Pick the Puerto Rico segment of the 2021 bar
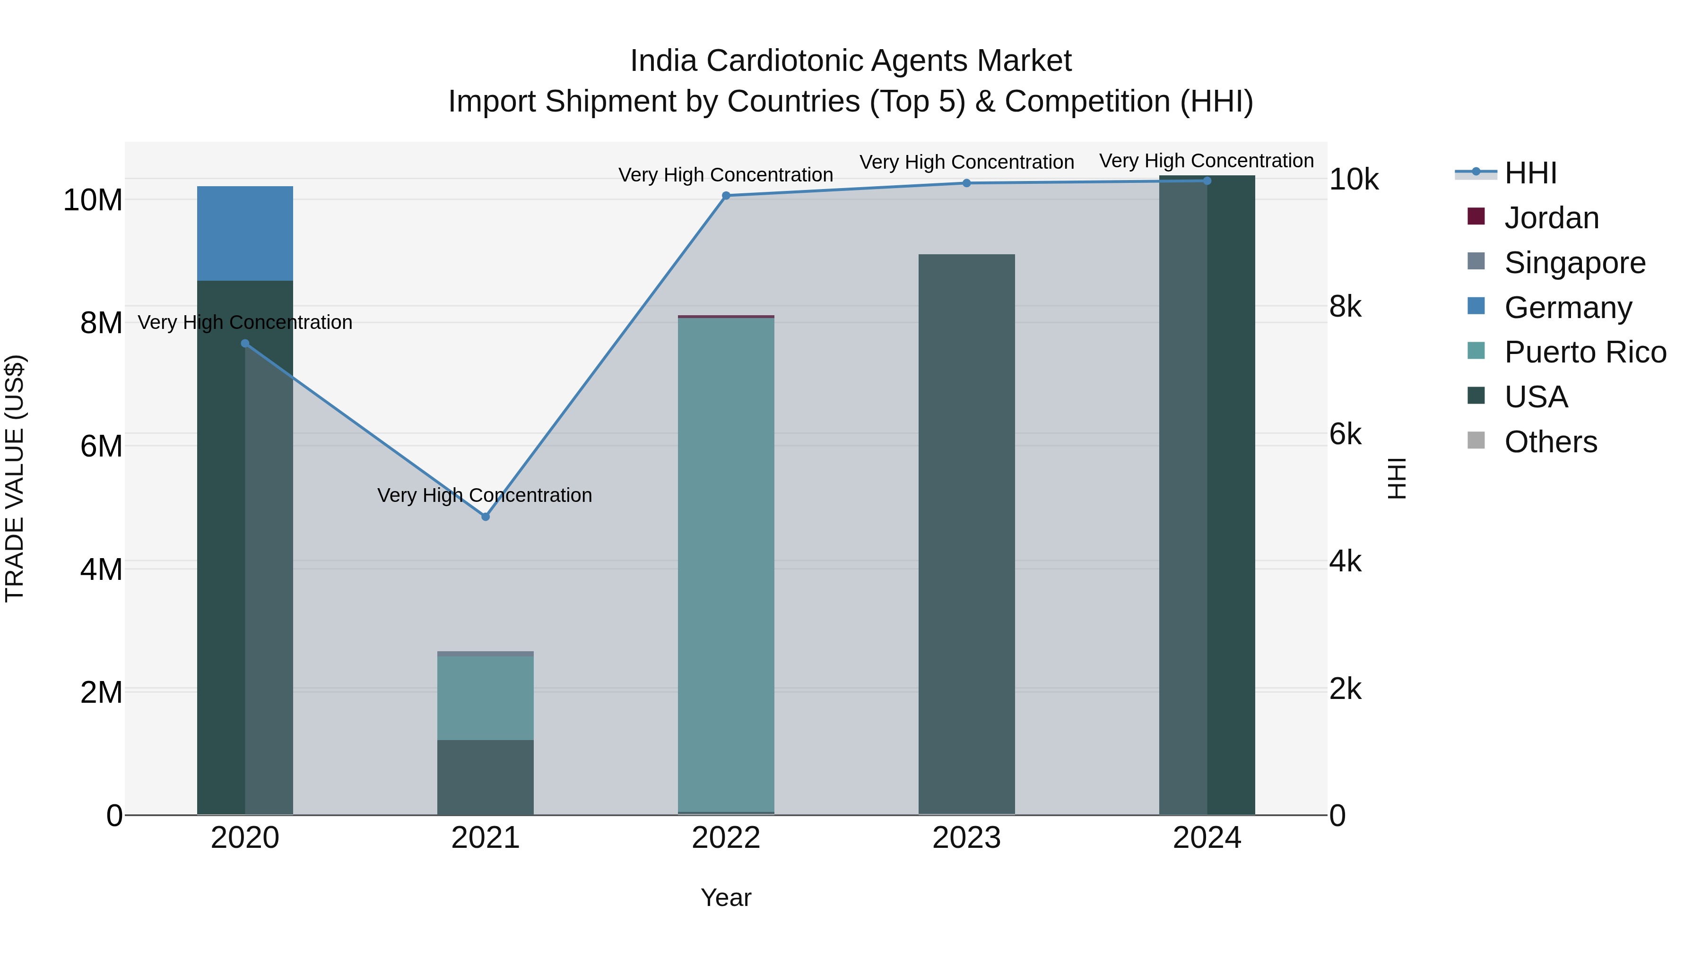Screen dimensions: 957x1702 [485, 698]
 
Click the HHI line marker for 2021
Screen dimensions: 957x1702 [485, 517]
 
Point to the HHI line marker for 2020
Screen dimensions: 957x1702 [244, 344]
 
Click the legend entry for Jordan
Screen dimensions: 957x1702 [1551, 218]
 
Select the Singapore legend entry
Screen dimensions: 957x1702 [1574, 263]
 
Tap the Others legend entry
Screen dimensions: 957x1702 [1550, 442]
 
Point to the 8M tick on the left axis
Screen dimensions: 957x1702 [100, 323]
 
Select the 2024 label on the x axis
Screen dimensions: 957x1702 [1207, 838]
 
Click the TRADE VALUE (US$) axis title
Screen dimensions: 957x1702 [15, 478]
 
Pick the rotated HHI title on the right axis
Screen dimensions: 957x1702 [1396, 478]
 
